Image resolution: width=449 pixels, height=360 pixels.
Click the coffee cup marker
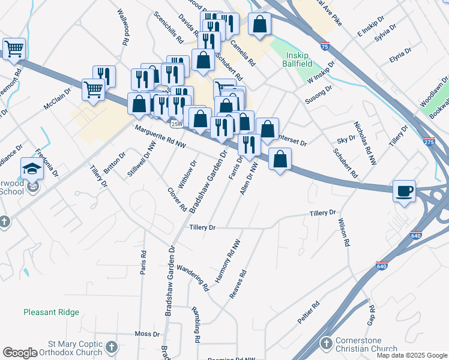pos(404,191)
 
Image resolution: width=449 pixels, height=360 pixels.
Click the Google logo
pos(20,353)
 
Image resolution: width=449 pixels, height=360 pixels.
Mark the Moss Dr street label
pos(146,334)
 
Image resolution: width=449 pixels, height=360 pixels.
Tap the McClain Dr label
pos(57,99)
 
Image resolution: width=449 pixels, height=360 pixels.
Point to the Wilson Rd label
pos(343,233)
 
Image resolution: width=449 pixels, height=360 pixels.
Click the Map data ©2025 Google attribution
pos(412,355)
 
